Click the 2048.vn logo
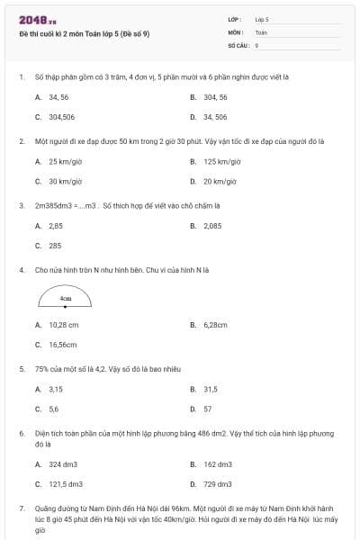click(33, 19)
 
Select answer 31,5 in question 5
click(211, 389)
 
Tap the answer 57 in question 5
click(208, 409)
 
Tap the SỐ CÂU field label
click(238, 43)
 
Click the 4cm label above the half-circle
click(66, 297)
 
